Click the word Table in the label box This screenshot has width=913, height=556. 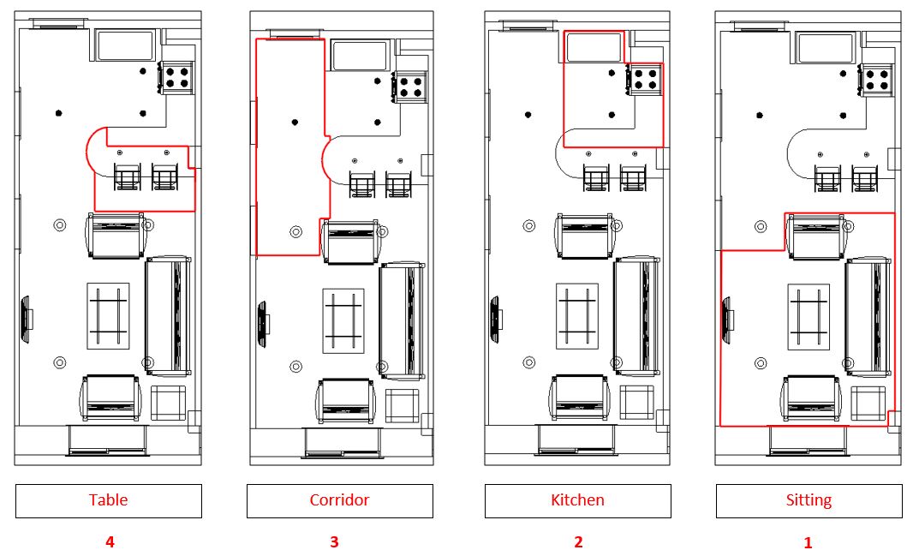tap(108, 499)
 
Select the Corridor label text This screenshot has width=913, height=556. tap(339, 499)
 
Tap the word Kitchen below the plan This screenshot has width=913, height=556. tap(577, 499)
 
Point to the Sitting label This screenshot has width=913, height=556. tap(809, 500)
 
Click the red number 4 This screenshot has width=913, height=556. tap(110, 542)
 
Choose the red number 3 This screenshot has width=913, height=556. tap(334, 542)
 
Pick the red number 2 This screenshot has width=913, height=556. tap(578, 542)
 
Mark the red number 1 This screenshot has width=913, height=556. tap(808, 542)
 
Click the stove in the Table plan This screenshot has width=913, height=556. tap(176, 77)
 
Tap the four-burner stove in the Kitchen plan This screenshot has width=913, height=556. tap(645, 79)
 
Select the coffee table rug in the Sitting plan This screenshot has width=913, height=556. tap(809, 317)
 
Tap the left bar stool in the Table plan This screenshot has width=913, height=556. tap(127, 177)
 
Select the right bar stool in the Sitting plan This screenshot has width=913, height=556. tap(865, 179)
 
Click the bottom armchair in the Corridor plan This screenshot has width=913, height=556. tap(346, 402)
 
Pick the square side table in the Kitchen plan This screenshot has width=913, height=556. tap(637, 403)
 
